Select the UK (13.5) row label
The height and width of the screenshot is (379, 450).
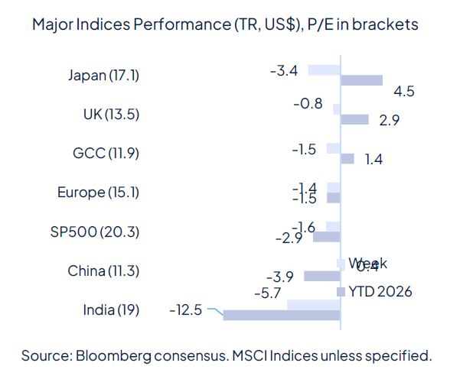tap(111, 115)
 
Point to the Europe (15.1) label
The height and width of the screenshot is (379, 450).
tap(99, 193)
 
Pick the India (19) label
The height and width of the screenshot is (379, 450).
tap(111, 310)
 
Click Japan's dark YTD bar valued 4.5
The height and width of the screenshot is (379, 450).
tap(361, 80)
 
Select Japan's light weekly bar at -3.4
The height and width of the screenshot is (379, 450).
tap(323, 70)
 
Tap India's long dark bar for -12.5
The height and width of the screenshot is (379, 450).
tap(281, 315)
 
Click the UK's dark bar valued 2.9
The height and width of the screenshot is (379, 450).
tap(354, 119)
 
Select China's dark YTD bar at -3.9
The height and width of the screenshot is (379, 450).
tap(322, 276)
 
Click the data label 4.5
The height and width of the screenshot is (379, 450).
tap(403, 92)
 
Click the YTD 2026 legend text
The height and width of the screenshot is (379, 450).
tap(380, 291)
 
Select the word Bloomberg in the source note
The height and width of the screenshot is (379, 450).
tap(111, 355)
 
